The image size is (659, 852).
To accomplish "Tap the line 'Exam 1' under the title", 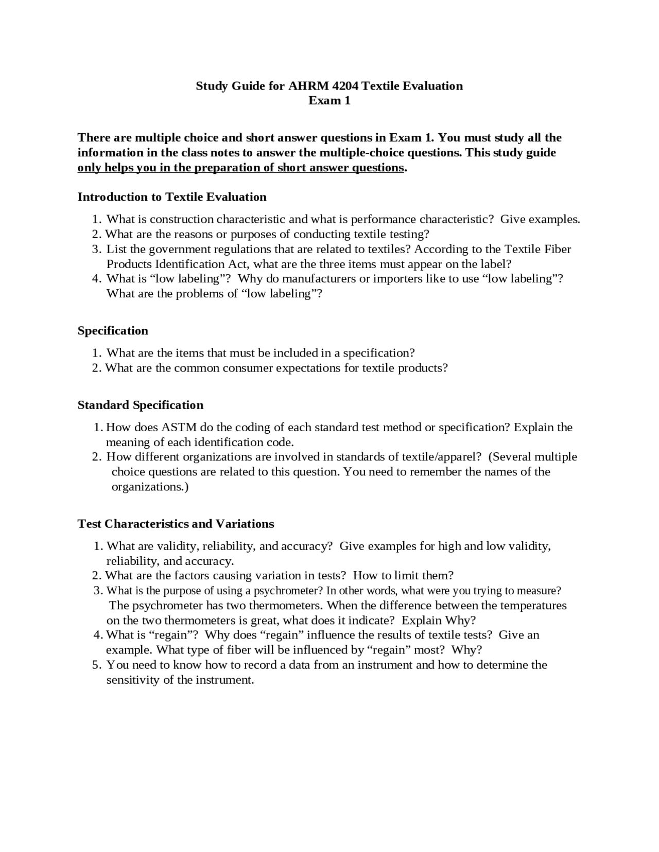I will point(329,101).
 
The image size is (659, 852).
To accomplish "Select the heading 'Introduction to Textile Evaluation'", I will point(172,197).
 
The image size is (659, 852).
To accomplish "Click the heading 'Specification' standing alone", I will point(113,331).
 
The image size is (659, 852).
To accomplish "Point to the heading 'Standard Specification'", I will point(141,405).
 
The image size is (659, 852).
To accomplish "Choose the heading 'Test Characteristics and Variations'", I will point(176,524).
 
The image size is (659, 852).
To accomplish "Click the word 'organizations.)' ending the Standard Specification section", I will point(150,487).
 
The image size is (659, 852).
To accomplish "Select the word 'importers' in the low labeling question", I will point(397,279).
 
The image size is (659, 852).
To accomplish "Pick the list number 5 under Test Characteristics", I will point(96,665).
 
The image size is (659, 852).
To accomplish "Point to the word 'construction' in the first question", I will point(181,220).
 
